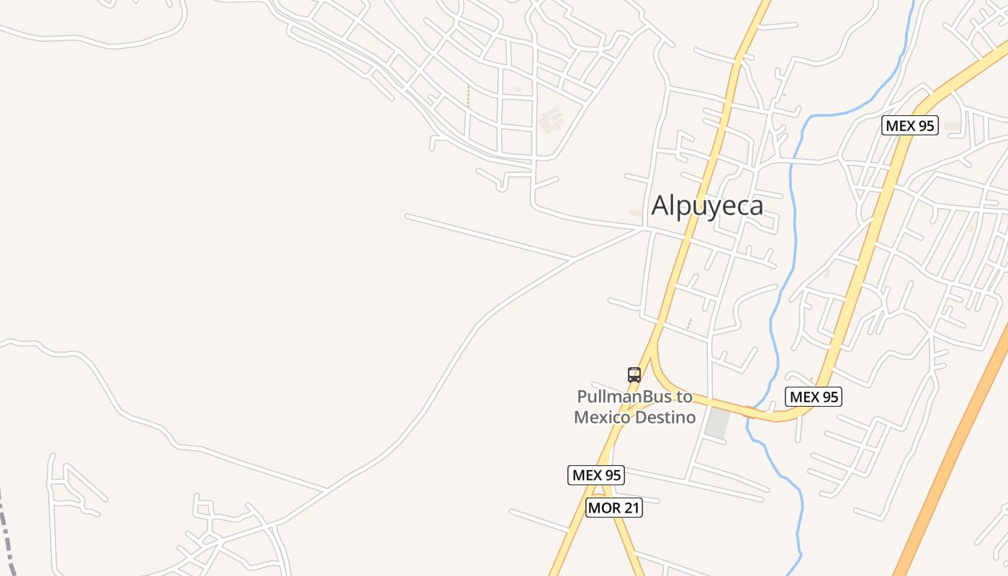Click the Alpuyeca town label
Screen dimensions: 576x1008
click(x=707, y=206)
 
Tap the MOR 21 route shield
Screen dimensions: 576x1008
click(x=613, y=508)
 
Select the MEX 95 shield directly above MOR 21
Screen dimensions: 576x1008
click(x=595, y=475)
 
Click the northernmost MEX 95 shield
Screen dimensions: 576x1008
click(x=909, y=125)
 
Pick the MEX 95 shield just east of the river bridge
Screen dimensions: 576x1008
click(x=814, y=397)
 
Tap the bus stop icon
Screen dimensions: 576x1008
click(x=634, y=374)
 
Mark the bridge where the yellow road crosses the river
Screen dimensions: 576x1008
click(x=750, y=413)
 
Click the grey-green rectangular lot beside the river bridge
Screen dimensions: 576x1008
click(x=717, y=423)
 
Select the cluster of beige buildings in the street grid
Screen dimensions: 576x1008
click(x=551, y=119)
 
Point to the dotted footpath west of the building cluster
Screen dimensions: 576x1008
click(x=468, y=97)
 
